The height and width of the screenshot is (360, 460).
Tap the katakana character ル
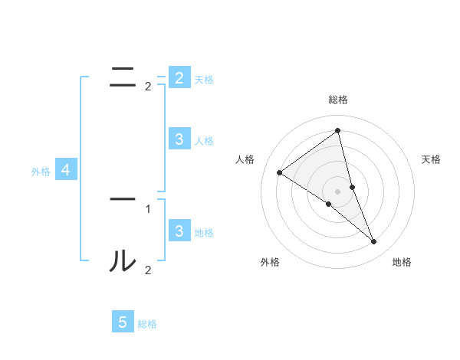click(x=123, y=261)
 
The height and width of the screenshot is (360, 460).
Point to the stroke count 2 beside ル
click(x=148, y=270)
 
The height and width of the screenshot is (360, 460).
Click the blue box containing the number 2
click(x=179, y=77)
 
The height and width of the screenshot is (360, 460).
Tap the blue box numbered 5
click(x=123, y=322)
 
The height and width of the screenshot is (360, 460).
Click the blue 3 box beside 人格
click(x=179, y=139)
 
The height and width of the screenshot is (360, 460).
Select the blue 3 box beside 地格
click(x=179, y=231)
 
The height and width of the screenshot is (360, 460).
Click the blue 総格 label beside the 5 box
click(x=147, y=324)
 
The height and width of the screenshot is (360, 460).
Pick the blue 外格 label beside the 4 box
click(x=41, y=172)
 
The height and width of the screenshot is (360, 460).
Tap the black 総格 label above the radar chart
click(x=337, y=100)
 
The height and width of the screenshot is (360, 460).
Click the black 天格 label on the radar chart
click(x=431, y=159)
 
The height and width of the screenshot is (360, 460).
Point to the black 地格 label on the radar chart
click(x=402, y=262)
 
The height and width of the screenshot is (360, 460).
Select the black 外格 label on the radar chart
click(x=270, y=262)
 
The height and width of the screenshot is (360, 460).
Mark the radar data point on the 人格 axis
click(x=280, y=172)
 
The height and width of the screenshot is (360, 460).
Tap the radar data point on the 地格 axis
click(x=374, y=241)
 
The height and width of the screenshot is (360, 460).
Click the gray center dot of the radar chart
click(x=337, y=191)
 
